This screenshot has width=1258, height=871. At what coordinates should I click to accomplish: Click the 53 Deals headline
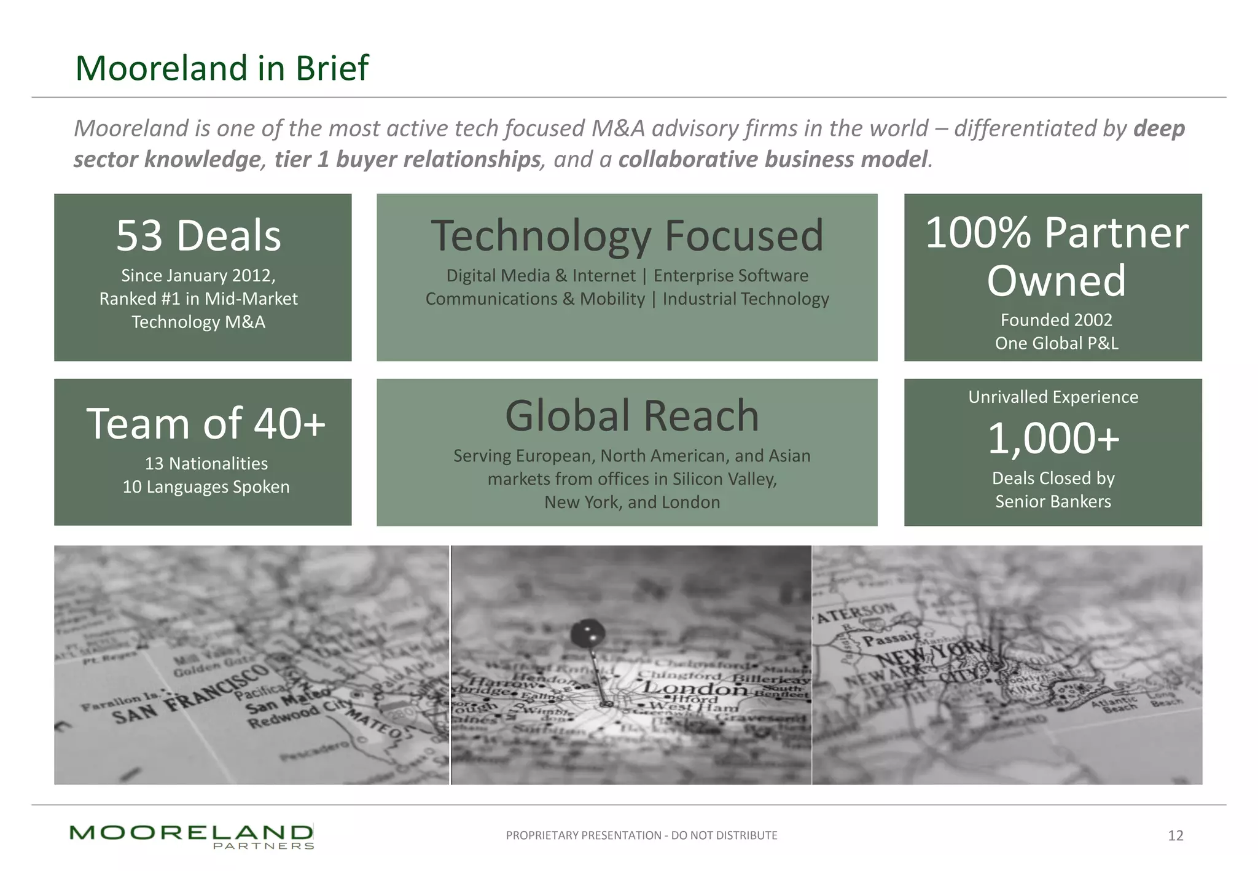tap(198, 236)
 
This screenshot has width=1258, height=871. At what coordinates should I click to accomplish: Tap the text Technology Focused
tap(627, 236)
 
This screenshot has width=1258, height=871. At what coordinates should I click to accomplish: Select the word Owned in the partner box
tap(1056, 281)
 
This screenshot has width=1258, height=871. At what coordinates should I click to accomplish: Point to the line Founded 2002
tap(1056, 320)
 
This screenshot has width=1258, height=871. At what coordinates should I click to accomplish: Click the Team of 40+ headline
tap(206, 424)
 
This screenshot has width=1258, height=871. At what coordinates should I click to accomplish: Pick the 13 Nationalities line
tap(206, 464)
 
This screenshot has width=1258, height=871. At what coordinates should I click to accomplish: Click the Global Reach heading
tap(631, 416)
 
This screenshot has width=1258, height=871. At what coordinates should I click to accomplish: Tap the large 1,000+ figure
tap(1053, 439)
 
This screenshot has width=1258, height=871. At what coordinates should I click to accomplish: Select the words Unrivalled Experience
tap(1053, 397)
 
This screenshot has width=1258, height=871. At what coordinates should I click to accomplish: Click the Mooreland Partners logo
tap(192, 836)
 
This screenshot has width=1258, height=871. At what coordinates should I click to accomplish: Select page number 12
tap(1175, 835)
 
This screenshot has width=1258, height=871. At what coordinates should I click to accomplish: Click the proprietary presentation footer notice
tap(641, 835)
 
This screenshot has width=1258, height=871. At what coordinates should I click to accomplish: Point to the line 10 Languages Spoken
tap(206, 487)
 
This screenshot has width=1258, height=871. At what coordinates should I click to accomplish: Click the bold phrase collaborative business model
tap(773, 160)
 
